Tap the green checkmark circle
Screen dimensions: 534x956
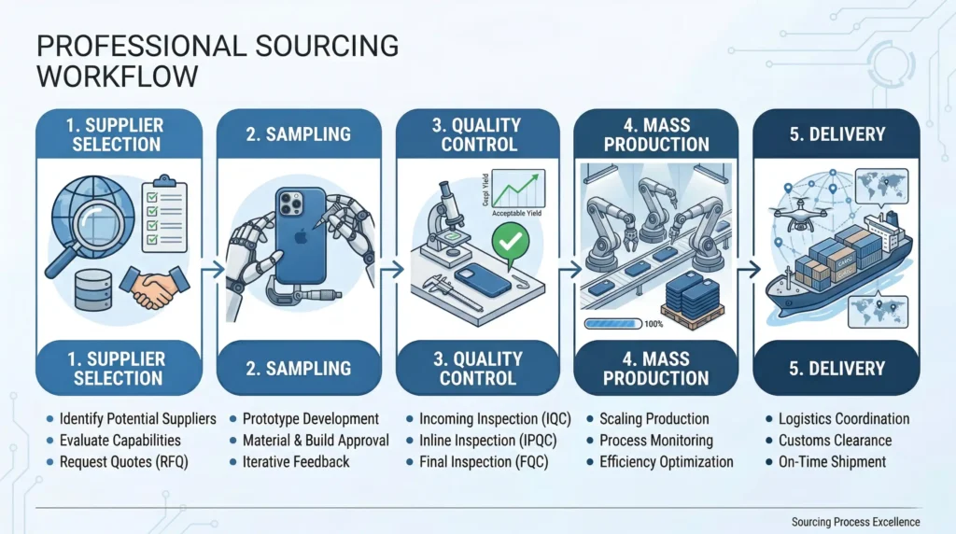510,244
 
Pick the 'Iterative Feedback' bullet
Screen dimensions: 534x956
295,461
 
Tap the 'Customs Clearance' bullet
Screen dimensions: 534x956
835,440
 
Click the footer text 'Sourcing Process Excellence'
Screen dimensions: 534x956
854,522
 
